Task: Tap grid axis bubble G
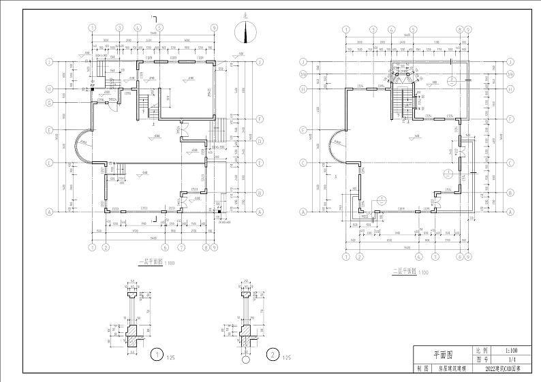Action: point(50,103)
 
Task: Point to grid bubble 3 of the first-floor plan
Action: point(119,27)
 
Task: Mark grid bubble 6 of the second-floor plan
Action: point(417,257)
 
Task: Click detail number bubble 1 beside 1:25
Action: point(158,355)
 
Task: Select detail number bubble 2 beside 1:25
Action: point(273,355)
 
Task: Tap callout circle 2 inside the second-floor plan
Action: point(451,80)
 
